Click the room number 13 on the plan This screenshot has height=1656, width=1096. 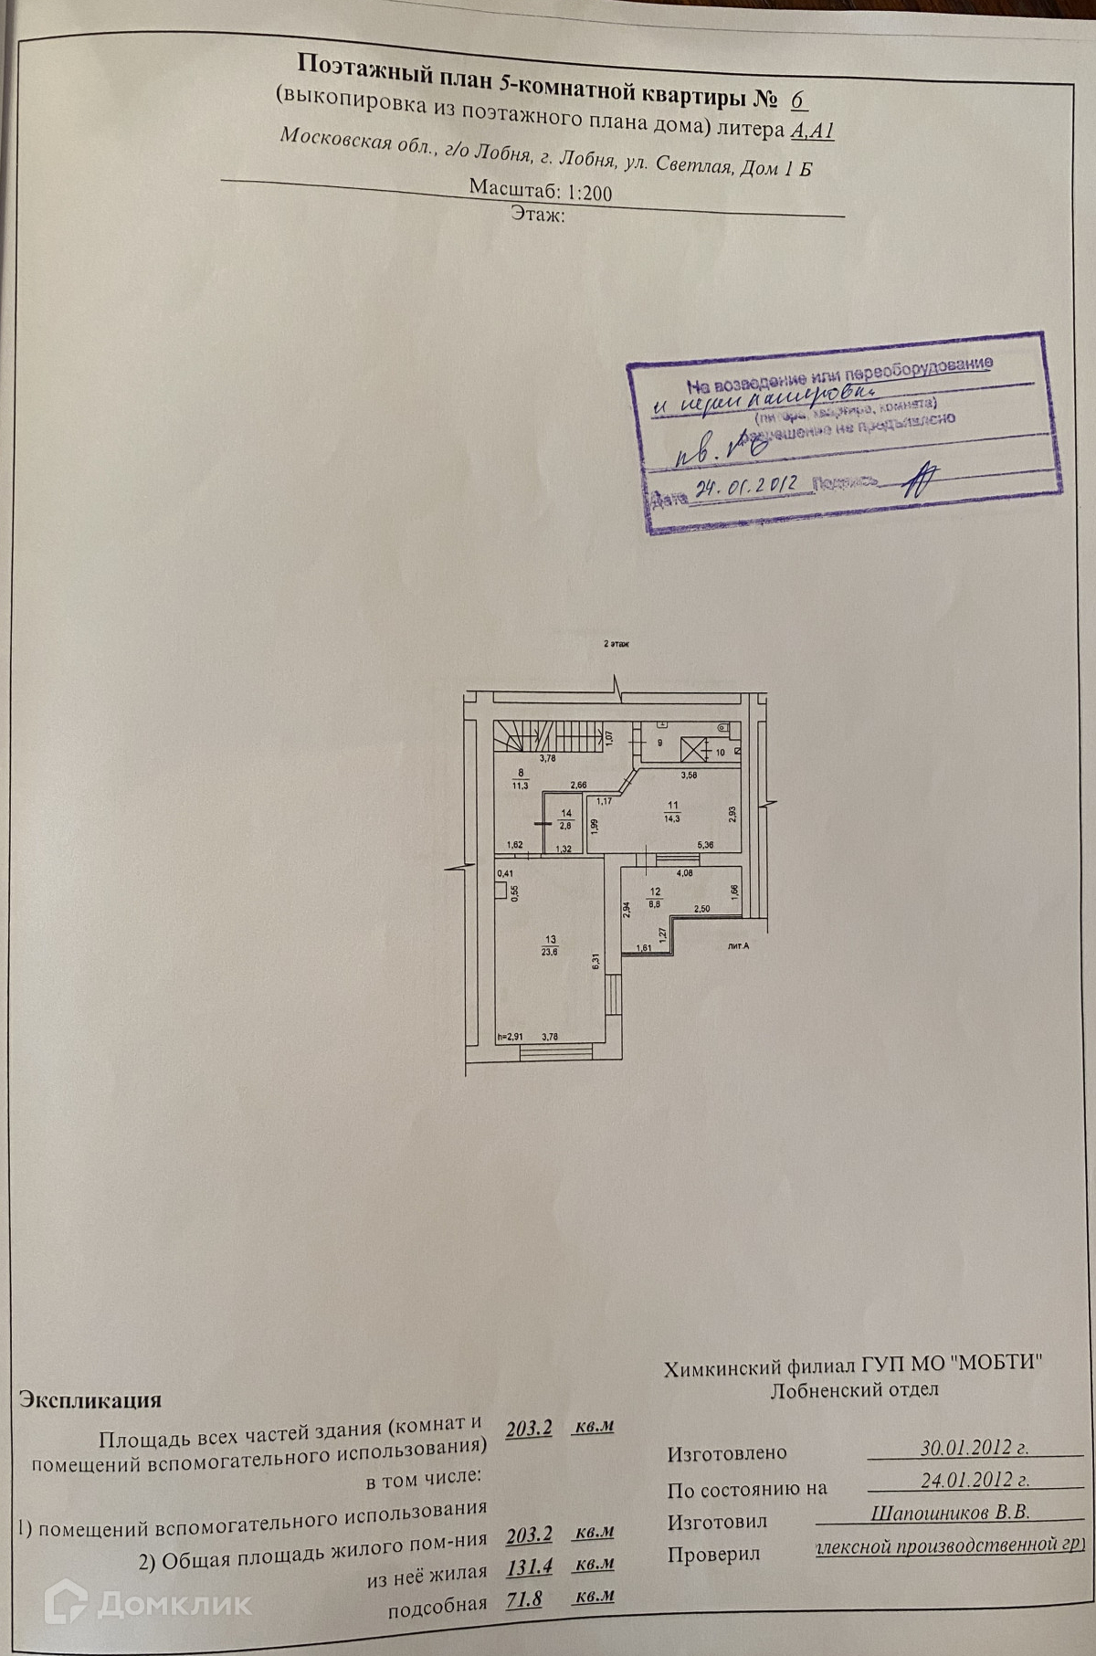550,939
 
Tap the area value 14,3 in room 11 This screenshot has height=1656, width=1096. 673,816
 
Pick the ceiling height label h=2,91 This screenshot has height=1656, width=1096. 511,1037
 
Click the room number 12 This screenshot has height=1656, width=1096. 654,892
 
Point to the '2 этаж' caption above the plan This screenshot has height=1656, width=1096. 616,643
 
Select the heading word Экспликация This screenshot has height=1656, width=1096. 90,1399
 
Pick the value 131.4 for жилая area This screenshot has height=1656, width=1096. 529,1566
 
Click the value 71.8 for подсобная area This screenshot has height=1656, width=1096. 524,1600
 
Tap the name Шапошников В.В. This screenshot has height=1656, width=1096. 950,1513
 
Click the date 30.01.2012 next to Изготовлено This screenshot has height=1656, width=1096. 975,1447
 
